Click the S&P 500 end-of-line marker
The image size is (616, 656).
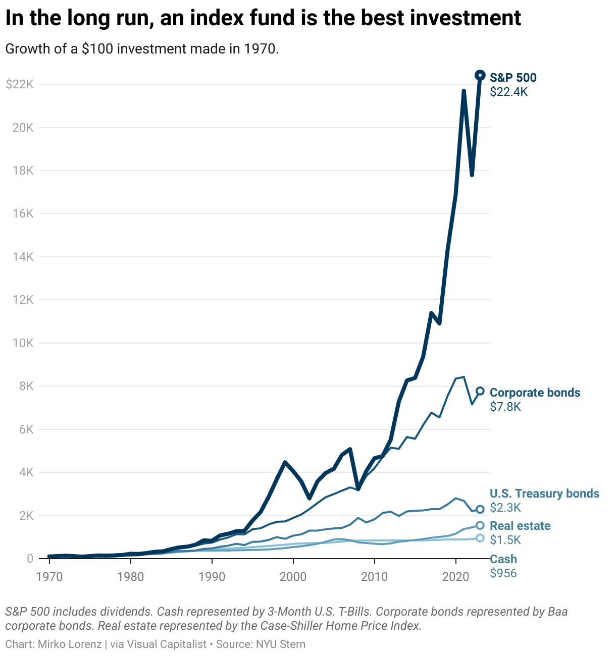(x=480, y=75)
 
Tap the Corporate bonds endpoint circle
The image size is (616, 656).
(x=480, y=391)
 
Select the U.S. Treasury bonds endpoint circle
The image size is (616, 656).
(x=480, y=509)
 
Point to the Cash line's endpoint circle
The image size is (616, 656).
(x=480, y=538)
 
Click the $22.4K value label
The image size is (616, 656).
(x=508, y=92)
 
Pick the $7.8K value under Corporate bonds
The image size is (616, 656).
(x=505, y=407)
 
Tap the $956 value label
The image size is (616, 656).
(x=503, y=573)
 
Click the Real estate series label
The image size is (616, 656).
(x=520, y=526)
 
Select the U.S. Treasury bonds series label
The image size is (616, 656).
(x=544, y=494)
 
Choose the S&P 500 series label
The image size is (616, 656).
(x=513, y=78)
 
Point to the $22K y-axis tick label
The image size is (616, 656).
(x=20, y=84)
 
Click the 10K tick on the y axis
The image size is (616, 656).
(x=23, y=343)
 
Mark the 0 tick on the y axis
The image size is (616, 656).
(x=30, y=559)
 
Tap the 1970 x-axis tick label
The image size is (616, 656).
(x=49, y=576)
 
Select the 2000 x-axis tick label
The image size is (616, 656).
(x=293, y=576)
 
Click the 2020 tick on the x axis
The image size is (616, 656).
(x=456, y=576)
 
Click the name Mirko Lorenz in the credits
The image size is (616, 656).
(x=70, y=644)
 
